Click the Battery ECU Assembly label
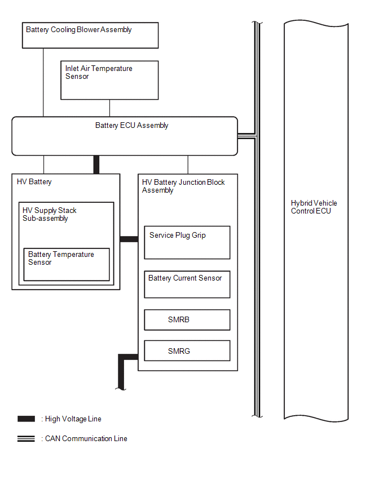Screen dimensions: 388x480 point(132,126)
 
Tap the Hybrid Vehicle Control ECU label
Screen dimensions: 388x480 point(314,207)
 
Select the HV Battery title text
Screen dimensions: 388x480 point(34,182)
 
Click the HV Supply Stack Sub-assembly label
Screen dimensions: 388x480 point(49,214)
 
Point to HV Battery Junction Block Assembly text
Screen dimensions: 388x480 point(183,186)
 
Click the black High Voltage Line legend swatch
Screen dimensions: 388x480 point(26,419)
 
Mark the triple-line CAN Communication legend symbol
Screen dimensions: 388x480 point(26,439)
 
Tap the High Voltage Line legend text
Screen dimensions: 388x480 point(73,419)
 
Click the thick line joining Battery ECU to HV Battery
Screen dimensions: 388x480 point(96,165)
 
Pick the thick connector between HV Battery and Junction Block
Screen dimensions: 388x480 point(129,239)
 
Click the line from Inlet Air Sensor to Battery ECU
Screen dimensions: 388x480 point(109,108)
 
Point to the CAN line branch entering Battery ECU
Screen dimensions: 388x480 point(246,136)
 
